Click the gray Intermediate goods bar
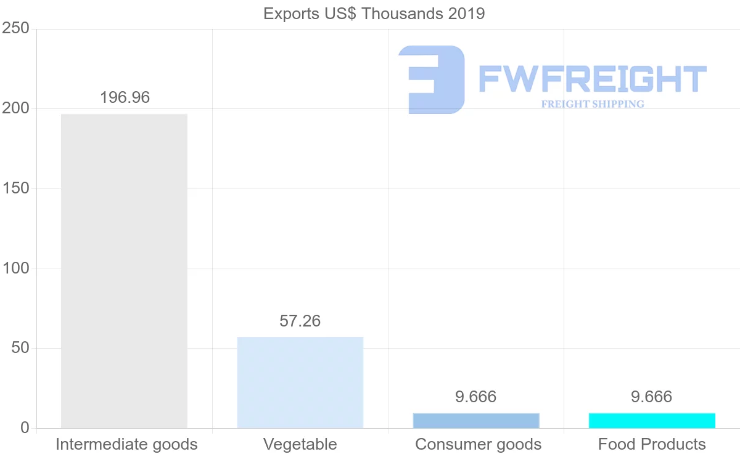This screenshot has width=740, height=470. [x=124, y=271]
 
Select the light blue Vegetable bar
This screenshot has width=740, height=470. [x=300, y=383]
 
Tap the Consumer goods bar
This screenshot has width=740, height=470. [x=476, y=421]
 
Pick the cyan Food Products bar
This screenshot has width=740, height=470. [x=652, y=421]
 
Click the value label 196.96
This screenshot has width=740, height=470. [x=125, y=97]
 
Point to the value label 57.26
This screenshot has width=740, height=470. [x=300, y=321]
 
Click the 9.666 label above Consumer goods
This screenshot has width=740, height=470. [x=475, y=397]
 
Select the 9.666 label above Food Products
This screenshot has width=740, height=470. [x=651, y=397]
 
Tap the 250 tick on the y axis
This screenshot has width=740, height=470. [x=17, y=28]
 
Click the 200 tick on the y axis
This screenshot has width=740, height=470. [x=17, y=108]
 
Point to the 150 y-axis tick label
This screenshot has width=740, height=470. [x=17, y=188]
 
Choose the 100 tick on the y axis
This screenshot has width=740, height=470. [x=17, y=269]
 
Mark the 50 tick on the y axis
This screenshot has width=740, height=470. [x=20, y=348]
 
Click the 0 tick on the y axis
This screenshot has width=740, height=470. [x=25, y=428]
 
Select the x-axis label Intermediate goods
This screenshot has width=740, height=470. [x=126, y=444]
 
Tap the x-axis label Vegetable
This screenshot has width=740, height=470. [x=300, y=444]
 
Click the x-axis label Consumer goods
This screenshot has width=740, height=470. [x=479, y=444]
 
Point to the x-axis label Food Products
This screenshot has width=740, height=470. [x=652, y=444]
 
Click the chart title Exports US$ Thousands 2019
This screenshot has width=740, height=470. [x=374, y=14]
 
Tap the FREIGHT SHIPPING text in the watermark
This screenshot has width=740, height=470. [x=593, y=104]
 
